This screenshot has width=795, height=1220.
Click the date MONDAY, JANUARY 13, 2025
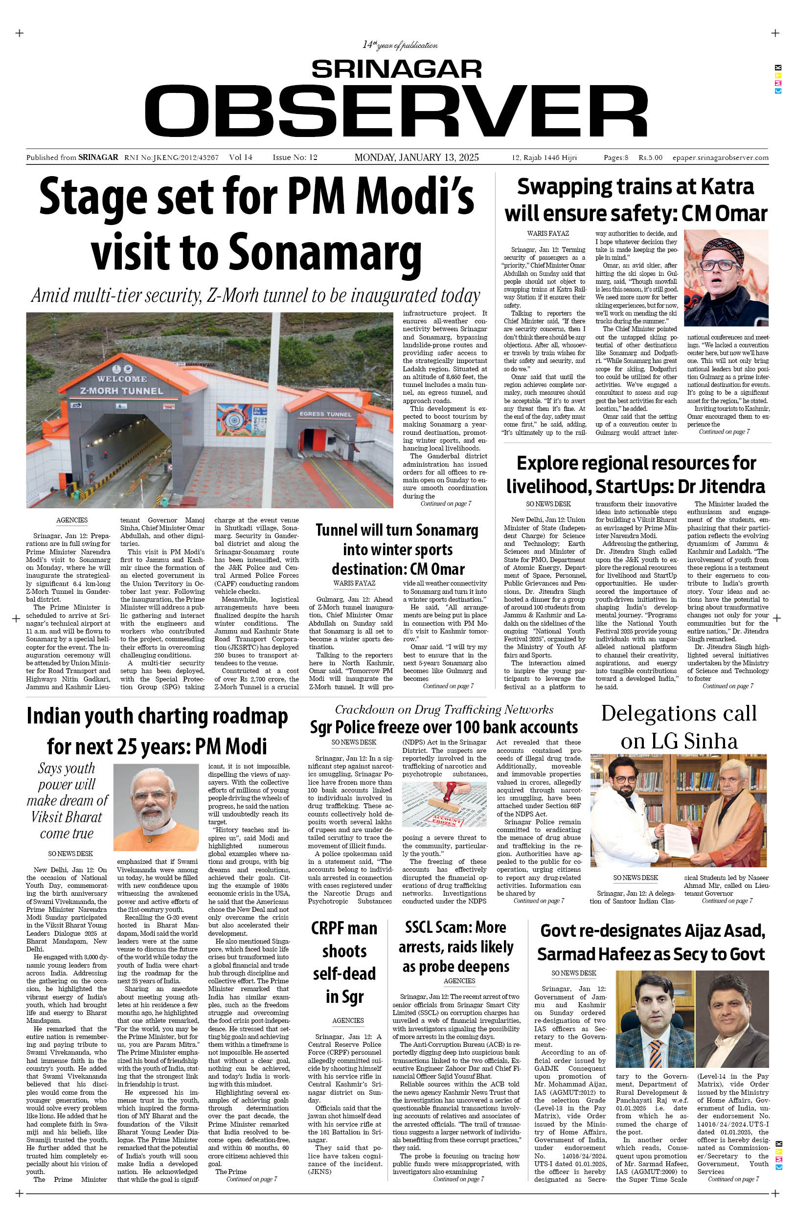(416, 158)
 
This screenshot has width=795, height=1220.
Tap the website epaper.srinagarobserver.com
(720, 158)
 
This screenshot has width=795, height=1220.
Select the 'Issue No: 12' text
(295, 158)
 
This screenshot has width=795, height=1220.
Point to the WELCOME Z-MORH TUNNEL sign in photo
(121, 384)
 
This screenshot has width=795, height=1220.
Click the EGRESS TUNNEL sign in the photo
(325, 414)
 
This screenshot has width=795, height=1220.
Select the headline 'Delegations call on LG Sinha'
(679, 727)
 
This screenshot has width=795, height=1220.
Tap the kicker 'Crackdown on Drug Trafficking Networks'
(444, 709)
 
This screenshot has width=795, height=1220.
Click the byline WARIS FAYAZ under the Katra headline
(548, 233)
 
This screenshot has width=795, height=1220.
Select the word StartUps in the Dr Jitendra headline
(622, 486)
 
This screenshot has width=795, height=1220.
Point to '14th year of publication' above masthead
(400, 45)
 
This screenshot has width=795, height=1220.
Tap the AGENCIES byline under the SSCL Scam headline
(459, 981)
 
